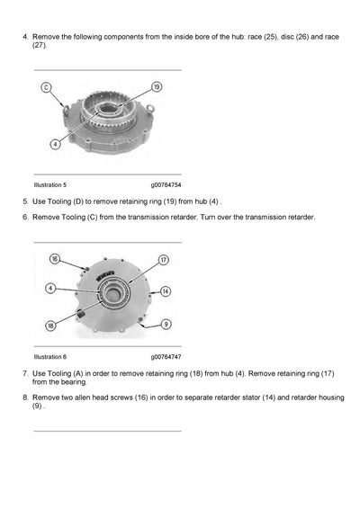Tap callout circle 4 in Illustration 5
56,143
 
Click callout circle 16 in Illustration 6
54,259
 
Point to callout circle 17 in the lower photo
164,260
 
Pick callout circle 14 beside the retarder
165,290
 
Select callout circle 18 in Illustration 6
51,325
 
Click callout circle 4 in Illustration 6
50,289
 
